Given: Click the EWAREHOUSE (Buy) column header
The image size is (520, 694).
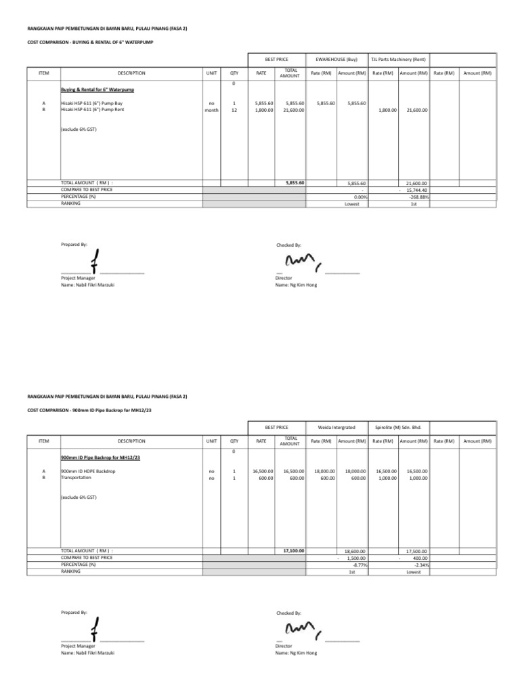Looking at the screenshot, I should point(337,60).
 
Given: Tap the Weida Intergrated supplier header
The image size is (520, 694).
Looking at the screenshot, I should point(337,428).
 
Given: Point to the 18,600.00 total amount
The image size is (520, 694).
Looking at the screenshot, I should point(355,552).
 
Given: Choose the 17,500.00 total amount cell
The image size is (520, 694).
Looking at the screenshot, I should point(416,552).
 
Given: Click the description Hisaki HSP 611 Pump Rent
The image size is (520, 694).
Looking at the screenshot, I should point(92,109).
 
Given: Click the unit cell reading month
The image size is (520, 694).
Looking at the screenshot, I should point(212,109).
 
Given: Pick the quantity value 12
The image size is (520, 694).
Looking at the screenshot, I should point(234,109).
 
